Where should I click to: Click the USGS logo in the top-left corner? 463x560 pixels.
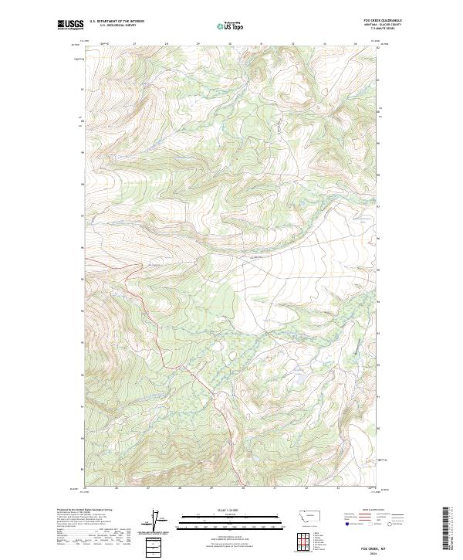(70, 25)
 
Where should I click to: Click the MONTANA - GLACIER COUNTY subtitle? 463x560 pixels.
(389, 25)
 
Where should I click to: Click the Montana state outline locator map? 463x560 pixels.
(298, 514)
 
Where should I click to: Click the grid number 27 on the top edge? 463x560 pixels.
(135, 44)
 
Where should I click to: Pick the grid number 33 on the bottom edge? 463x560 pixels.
(337, 488)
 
